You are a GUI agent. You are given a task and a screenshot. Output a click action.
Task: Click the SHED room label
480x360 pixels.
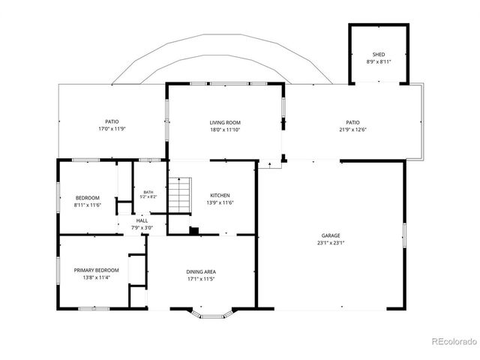pos(379,55)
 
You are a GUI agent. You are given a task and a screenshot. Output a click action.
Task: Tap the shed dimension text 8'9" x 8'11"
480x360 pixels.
pos(379,61)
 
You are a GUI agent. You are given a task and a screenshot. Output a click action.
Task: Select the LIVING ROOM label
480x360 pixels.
pos(225,122)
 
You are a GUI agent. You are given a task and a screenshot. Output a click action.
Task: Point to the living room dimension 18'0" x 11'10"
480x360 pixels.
pos(225,130)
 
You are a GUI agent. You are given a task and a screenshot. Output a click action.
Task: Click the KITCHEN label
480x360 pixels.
pos(220,195)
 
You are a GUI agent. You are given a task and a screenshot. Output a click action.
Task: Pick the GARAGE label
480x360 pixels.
pos(331,235)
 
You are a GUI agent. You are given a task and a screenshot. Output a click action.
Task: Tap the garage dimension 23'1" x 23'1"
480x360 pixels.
pos(331,243)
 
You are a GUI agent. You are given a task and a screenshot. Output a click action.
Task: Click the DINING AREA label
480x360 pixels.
pos(201,271)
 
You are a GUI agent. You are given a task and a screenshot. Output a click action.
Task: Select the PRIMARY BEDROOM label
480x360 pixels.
pos(97,270)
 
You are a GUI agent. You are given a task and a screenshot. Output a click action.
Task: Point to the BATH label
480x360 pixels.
pos(148,192)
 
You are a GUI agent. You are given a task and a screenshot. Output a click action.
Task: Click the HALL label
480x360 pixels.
pos(142,220)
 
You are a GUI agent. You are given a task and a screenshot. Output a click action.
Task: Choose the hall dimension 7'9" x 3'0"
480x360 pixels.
pos(142,228)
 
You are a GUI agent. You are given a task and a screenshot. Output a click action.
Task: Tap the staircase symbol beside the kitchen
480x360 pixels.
pos(180,195)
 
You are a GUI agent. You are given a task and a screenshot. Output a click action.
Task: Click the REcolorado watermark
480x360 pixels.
pos(454,342)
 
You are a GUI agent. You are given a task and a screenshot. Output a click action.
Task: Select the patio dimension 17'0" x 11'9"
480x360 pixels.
pos(112,129)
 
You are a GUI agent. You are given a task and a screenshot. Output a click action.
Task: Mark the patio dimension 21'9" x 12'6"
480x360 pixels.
pos(352,130)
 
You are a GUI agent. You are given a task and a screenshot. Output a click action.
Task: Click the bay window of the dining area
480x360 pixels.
pos(209,315)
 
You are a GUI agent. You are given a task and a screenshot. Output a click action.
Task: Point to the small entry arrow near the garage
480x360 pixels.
pos(270,165)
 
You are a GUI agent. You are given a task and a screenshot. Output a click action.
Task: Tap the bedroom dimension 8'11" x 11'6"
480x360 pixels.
pos(88,205)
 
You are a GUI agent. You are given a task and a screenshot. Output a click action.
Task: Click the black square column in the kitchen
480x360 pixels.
pos(194,231)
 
